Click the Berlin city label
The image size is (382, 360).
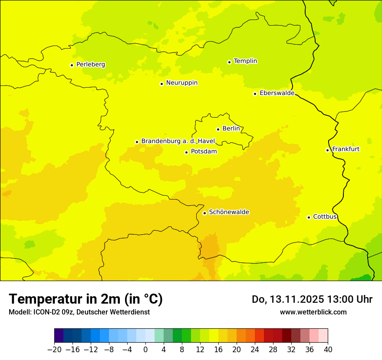coord(231,129)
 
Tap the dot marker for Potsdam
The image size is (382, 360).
coord(186,152)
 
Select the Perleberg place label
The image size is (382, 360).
coord(90,65)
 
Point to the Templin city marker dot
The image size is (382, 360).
coord(229,62)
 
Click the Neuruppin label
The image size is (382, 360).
coord(181,83)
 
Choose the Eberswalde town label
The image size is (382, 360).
coord(277,93)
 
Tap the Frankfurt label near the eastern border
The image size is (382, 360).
coord(346,149)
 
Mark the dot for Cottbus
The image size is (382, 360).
coord(309,217)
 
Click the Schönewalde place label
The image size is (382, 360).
coord(229,212)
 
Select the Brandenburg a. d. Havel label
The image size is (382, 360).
coord(178,141)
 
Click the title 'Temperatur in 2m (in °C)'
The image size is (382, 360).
coord(86,299)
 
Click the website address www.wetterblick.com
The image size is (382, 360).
coord(313,312)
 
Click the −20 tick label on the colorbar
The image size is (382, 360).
coord(54,350)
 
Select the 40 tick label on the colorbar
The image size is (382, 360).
coord(328,350)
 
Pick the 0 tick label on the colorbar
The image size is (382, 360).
coord(145,350)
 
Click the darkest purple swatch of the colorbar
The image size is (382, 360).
coord(59,336)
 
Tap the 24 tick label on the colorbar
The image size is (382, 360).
coord(255,350)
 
